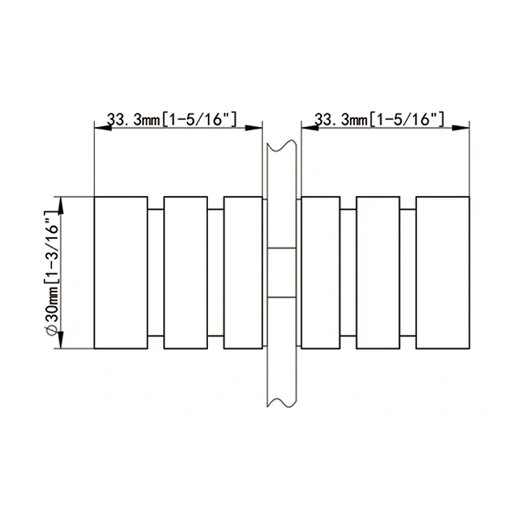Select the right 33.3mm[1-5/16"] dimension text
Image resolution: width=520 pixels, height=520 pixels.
[x=379, y=120]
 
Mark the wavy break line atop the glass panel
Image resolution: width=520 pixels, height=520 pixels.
[x=281, y=144]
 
